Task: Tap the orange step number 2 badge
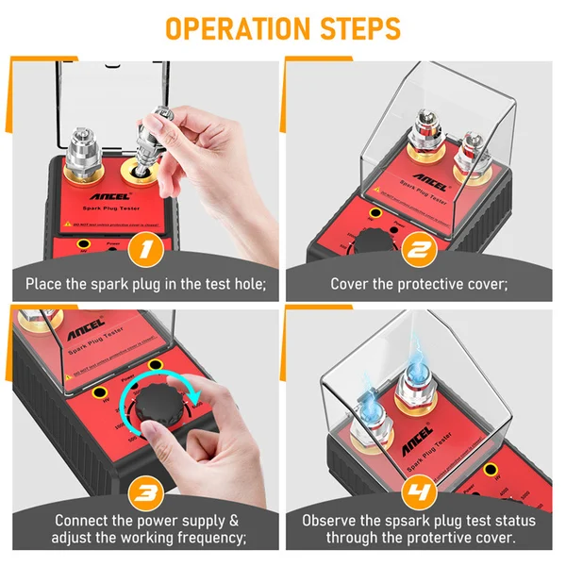pyautogui.click(x=419, y=253)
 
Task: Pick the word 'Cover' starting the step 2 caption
pyautogui.click(x=350, y=283)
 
